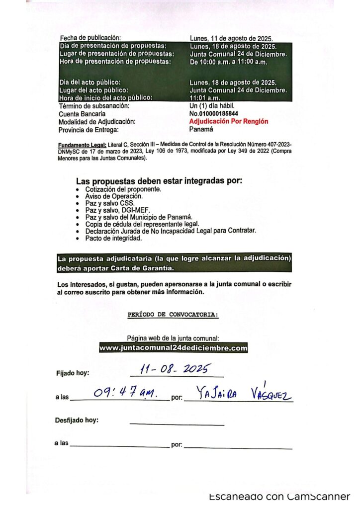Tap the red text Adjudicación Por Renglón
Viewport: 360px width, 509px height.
click(229, 121)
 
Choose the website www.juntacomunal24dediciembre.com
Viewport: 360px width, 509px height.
click(174, 348)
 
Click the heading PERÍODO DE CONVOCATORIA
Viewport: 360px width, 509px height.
click(173, 315)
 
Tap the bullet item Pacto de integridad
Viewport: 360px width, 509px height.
click(113, 238)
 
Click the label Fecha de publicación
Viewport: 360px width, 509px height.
click(90, 38)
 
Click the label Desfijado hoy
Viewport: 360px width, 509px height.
click(77, 420)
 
